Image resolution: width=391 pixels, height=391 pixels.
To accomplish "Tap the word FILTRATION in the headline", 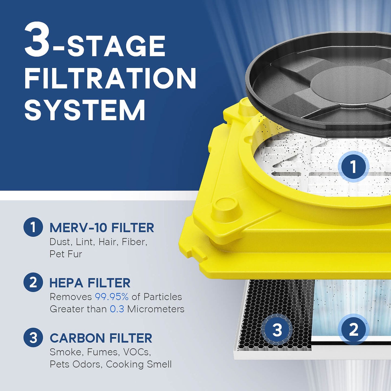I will [x=110, y=78].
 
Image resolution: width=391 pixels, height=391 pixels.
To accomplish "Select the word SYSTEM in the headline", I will [x=85, y=110].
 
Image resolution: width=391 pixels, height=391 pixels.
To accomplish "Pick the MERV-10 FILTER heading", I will [x=102, y=228].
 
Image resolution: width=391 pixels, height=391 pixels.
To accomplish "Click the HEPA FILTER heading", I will [x=90, y=283].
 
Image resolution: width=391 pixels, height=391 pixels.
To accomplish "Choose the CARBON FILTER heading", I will [x=101, y=338].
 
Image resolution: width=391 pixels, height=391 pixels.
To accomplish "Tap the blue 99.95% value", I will [x=111, y=297].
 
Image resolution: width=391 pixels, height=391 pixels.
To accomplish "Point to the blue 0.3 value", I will [x=117, y=309].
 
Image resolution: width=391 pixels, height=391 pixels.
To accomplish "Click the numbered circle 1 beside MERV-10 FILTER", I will [x=33, y=227].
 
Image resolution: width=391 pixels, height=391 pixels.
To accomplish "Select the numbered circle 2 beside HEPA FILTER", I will [x=33, y=282].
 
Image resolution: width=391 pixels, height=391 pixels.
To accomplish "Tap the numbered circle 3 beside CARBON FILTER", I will [x=33, y=338].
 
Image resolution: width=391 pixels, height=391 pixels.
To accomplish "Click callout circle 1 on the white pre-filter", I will [x=353, y=166].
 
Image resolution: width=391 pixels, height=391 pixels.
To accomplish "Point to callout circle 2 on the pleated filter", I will [x=353, y=330].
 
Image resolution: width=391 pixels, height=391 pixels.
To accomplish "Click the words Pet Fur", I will [x=66, y=254].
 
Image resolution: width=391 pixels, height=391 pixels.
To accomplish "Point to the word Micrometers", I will [x=156, y=309].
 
